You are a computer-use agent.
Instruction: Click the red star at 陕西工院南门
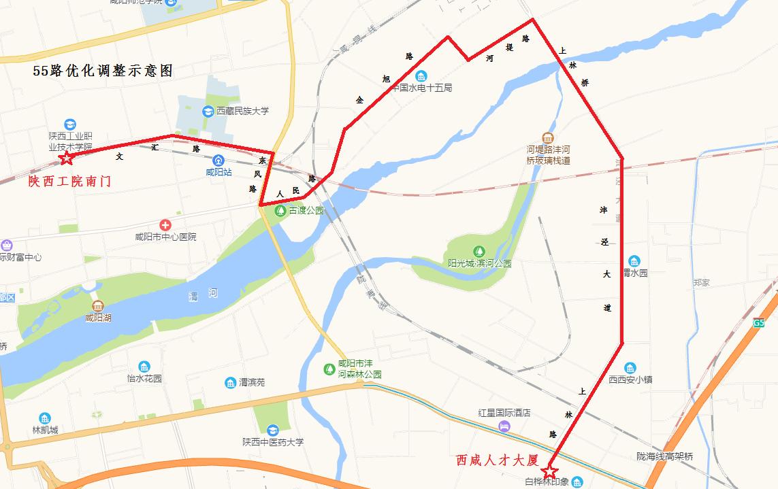click(x=67, y=158)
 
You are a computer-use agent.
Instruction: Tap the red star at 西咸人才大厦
click(x=549, y=471)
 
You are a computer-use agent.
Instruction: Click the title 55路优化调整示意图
click(x=103, y=71)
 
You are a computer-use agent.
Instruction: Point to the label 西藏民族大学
click(x=243, y=112)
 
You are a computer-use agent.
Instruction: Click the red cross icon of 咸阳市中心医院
click(x=165, y=225)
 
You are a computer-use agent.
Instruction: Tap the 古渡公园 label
click(x=306, y=211)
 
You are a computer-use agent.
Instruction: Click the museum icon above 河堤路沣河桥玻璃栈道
click(x=548, y=138)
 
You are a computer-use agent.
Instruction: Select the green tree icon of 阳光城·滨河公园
click(x=479, y=252)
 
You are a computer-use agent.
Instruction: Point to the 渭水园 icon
click(x=634, y=261)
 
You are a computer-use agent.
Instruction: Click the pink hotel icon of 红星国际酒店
click(x=504, y=426)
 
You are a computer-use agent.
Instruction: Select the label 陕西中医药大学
click(x=273, y=442)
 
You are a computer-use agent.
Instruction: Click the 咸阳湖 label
click(x=99, y=317)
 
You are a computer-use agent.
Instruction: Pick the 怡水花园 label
click(x=144, y=378)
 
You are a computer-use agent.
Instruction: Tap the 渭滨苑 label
click(x=251, y=383)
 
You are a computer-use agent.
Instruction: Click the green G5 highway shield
click(x=759, y=323)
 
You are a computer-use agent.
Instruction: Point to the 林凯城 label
click(x=45, y=430)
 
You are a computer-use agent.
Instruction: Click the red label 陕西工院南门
click(x=69, y=182)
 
